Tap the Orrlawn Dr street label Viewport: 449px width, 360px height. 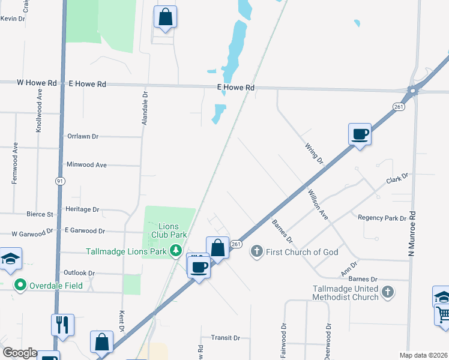(82, 136)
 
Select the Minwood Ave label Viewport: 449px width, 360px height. (86, 164)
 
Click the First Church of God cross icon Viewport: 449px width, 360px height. (257, 251)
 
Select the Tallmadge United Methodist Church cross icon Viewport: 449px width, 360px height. (388, 292)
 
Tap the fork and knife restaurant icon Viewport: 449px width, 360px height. (62, 325)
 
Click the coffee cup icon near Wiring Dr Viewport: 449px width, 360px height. (360, 134)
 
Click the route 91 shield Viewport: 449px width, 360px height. (59, 180)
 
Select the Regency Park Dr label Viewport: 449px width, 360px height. (382, 218)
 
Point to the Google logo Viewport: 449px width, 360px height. (19, 353)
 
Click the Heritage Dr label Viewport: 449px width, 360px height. (83, 209)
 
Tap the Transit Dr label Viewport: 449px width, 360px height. (225, 338)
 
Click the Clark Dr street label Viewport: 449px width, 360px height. (397, 179)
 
